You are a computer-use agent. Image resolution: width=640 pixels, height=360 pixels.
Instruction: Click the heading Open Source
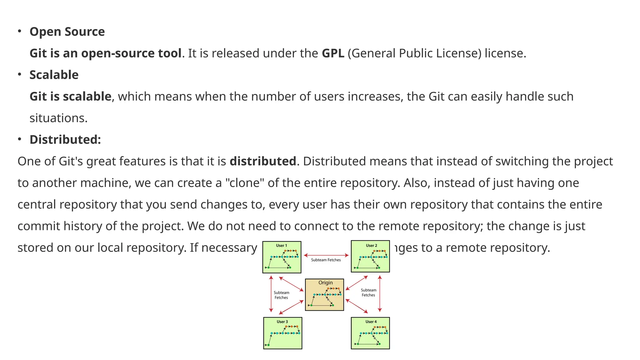(x=67, y=32)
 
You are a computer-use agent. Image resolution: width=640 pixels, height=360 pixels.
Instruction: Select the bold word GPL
(x=333, y=53)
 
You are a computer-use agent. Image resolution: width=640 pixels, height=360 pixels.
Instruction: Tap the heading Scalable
(x=54, y=75)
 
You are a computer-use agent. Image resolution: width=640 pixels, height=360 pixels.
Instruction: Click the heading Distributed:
(x=65, y=140)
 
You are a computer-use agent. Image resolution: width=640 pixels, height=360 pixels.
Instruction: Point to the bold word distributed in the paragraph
(x=262, y=162)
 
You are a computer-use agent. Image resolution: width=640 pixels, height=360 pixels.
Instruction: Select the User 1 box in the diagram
(x=282, y=257)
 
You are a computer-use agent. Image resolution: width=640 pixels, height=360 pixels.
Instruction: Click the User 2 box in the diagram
(x=370, y=256)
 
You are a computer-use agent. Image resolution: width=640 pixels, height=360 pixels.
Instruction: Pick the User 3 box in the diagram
(x=282, y=333)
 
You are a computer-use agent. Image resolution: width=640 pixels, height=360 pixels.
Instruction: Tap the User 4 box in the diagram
(x=370, y=333)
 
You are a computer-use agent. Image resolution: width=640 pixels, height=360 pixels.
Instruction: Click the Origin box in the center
(x=324, y=295)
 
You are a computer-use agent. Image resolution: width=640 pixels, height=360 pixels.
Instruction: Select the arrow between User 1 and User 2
(x=326, y=255)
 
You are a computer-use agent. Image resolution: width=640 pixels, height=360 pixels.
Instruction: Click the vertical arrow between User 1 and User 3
(x=271, y=294)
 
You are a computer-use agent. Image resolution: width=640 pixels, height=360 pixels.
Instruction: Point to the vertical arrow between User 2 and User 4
(x=380, y=294)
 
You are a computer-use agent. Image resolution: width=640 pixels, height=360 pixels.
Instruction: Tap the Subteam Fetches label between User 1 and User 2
(x=326, y=260)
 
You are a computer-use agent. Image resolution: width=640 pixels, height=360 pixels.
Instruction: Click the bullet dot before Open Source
(x=19, y=31)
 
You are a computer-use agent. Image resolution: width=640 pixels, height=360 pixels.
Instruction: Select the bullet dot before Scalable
(x=19, y=74)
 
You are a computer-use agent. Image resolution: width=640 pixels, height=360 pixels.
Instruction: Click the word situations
(x=58, y=118)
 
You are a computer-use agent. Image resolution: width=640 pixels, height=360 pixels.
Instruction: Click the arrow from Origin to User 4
(x=357, y=306)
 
